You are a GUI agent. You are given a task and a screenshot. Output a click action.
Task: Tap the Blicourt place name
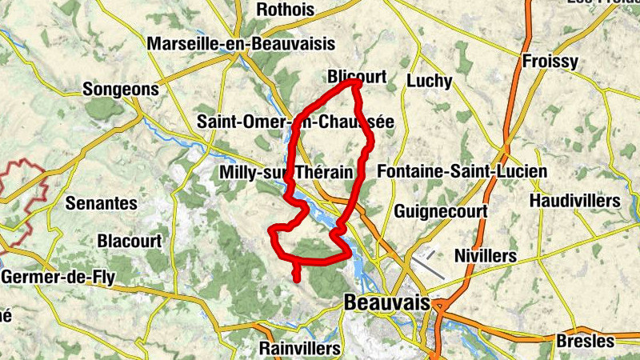tap(357, 77)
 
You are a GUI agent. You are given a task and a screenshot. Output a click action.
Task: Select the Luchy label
tap(430, 81)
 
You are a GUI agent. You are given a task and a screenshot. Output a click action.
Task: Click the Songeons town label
tap(121, 89)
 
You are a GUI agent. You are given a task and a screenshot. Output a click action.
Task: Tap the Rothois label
tap(286, 10)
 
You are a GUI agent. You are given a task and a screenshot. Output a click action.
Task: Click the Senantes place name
tap(101, 202)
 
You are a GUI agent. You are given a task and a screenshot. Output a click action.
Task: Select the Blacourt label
tap(129, 240)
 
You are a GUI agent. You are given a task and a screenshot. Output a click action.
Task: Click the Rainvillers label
tap(300, 349)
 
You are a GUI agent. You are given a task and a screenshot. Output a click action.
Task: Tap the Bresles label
tap(586, 341)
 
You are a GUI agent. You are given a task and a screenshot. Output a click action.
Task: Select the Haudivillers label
tap(575, 200)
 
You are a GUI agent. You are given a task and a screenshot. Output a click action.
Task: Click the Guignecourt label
tap(441, 211)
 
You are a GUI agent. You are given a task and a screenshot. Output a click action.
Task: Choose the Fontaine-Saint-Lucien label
tap(462, 171)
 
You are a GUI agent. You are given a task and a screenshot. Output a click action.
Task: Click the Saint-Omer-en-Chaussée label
tap(295, 122)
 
